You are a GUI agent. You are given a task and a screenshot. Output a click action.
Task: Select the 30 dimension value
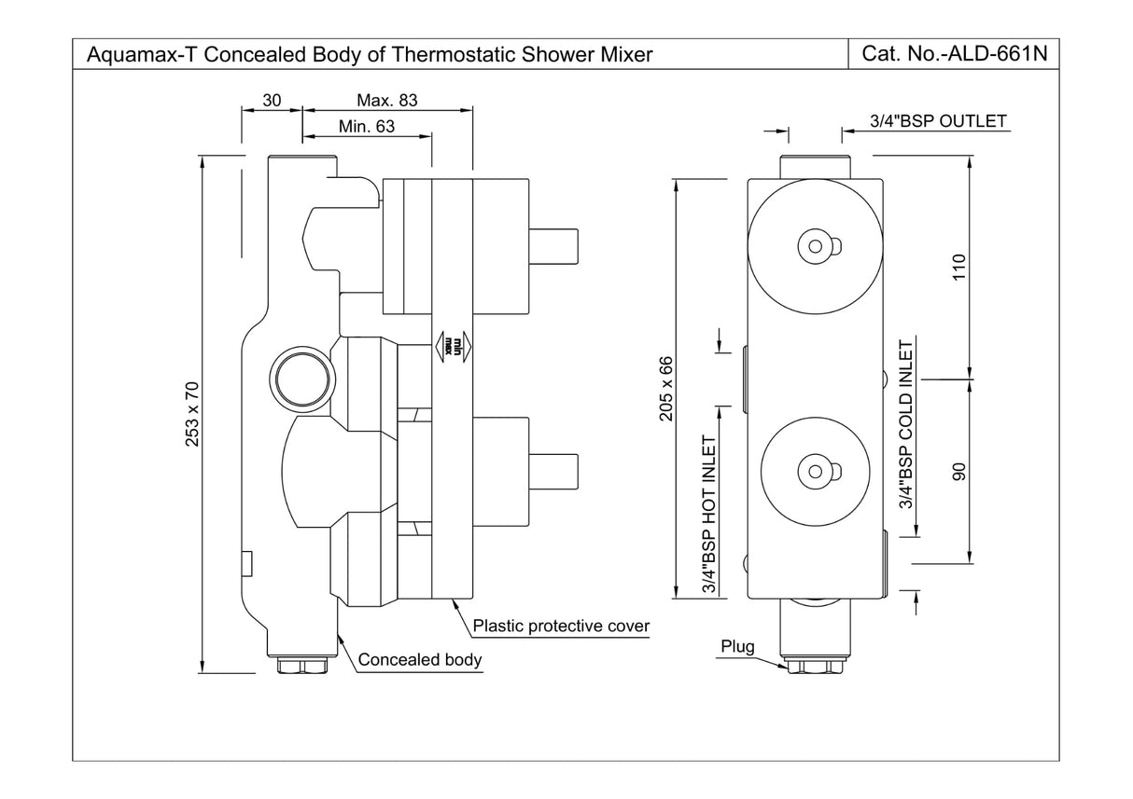coord(272,100)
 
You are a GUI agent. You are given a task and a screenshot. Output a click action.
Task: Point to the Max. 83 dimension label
coord(386,100)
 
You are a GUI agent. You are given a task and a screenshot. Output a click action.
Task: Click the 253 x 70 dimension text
coord(192,413)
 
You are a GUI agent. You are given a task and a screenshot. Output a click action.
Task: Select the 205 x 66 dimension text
coord(666,388)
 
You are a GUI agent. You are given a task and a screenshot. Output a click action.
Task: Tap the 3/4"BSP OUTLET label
coord(938,121)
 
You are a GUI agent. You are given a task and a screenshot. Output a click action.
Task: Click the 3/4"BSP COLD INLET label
coord(904,438)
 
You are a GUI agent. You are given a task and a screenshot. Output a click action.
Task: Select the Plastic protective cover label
coord(561,626)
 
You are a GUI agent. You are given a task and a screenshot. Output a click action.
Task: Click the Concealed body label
coord(420,660)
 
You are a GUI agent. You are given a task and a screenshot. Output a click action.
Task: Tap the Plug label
coord(737,646)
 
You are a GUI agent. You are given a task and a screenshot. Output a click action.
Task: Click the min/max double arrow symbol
coord(453,346)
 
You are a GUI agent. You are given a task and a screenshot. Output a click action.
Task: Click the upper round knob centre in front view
coord(816,245)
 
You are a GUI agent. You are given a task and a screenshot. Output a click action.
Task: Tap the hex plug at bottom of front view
coord(816,667)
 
